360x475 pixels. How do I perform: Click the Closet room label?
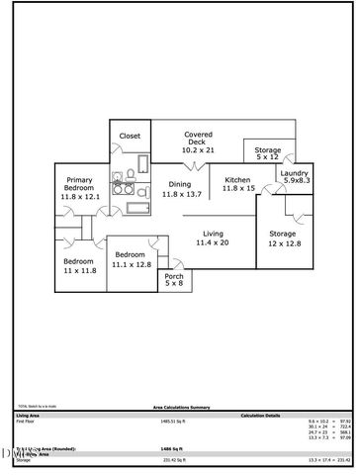[x=130, y=136]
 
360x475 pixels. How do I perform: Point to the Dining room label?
[x=179, y=184]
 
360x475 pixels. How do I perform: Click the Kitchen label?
[x=237, y=179]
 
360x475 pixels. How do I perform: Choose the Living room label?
[x=213, y=234]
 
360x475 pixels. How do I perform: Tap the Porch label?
[x=174, y=276]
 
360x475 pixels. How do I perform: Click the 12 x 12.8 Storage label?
[x=283, y=235]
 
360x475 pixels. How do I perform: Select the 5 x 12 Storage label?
[x=268, y=149]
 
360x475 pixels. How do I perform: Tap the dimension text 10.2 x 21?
[x=198, y=150]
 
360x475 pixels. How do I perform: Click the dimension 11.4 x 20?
[x=213, y=242]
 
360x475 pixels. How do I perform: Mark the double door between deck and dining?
[x=202, y=166]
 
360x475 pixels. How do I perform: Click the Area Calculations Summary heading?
[x=180, y=407]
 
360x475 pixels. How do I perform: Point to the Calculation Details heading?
[x=260, y=415]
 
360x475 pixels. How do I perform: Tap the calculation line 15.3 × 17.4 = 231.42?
[x=330, y=460]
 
